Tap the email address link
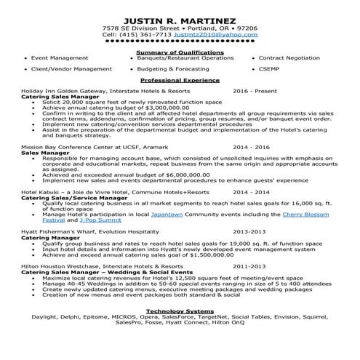[x=221, y=34]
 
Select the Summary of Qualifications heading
[x=180, y=52]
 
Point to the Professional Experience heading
[x=180, y=79]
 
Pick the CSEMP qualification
[x=268, y=68]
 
